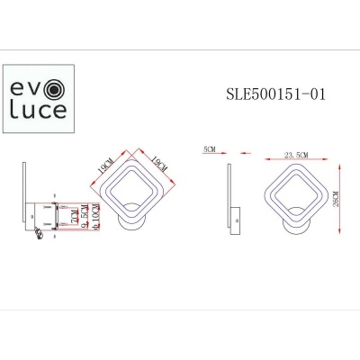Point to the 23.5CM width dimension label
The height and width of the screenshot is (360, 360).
click(295, 156)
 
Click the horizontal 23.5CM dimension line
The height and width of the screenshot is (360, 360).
click(295, 161)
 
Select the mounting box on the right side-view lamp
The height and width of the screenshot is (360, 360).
click(236, 218)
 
